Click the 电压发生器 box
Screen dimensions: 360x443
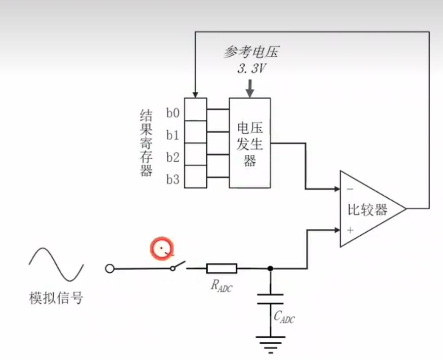250,143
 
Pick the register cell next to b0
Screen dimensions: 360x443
196,109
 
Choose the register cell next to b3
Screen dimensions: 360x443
196,177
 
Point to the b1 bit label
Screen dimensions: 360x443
173,135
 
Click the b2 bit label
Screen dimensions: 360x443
173,158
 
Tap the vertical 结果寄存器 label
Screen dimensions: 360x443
146,143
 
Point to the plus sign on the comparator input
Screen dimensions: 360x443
350,230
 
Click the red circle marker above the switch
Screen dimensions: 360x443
163,249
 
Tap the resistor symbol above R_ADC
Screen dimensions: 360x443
221,268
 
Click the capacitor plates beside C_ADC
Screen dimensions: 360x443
270,299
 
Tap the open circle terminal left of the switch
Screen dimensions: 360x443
110,268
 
